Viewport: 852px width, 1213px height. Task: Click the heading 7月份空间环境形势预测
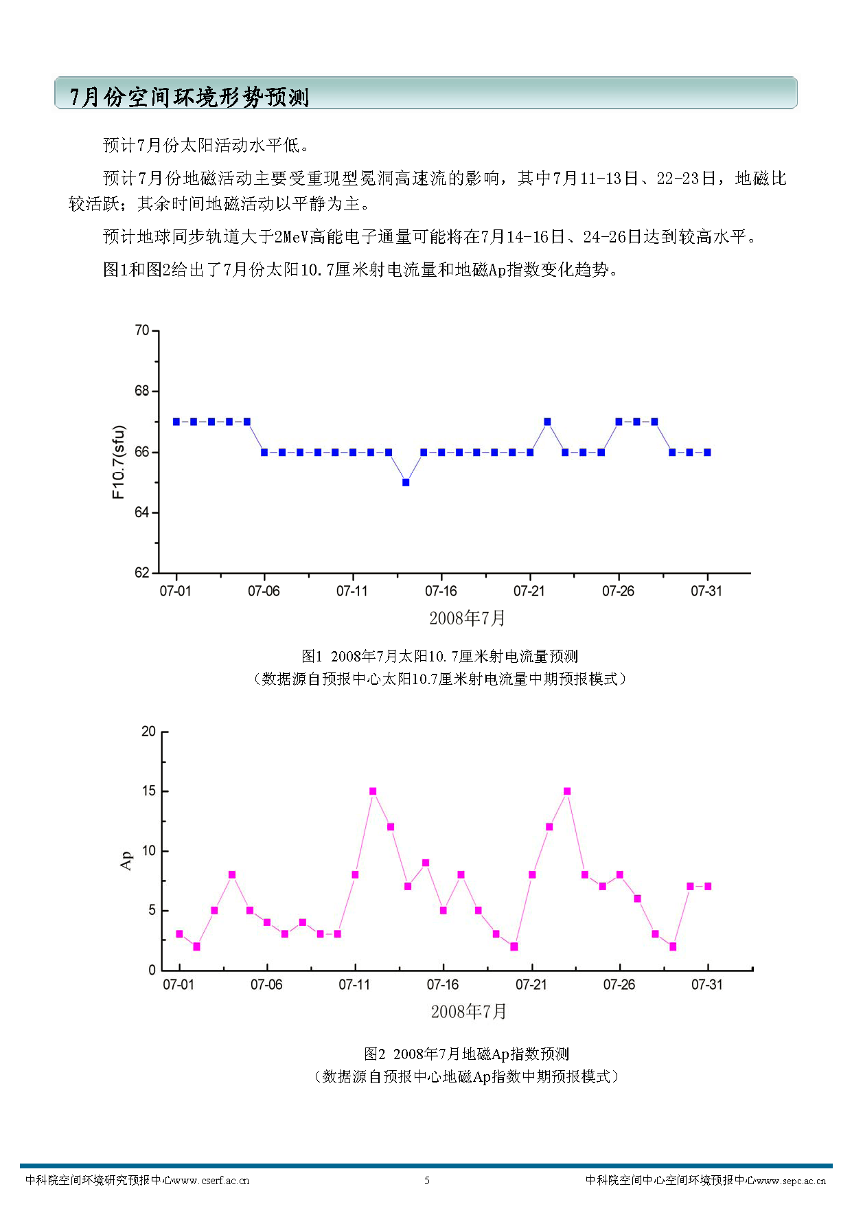pos(189,97)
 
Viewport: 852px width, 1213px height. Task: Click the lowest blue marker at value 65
pos(406,483)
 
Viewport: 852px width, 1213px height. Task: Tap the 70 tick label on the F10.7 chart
pos(142,330)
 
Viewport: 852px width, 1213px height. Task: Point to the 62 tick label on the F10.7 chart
pos(142,573)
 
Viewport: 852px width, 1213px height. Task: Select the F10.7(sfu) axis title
pos(119,462)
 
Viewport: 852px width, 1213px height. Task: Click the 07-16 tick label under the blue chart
pos(441,591)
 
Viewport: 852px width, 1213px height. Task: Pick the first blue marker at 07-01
pos(176,422)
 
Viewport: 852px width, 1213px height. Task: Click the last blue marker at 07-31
pos(708,453)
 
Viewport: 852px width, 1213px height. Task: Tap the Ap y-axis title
pos(126,861)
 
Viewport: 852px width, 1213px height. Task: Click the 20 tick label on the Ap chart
pos(149,732)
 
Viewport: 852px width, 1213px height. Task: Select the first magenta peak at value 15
pos(373,791)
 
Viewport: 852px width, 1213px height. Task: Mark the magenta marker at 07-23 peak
pos(567,791)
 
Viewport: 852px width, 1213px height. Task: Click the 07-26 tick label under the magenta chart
pos(619,985)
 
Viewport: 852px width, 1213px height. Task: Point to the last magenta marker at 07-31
pos(709,887)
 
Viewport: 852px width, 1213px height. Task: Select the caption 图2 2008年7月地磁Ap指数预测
pos(467,1054)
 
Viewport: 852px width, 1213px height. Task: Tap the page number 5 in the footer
pos(427,1181)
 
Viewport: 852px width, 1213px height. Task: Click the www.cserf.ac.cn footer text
pos(211,1181)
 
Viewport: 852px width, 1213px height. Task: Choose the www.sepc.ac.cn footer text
pos(791,1181)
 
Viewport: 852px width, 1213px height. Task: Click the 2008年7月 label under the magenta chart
pos(469,1012)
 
